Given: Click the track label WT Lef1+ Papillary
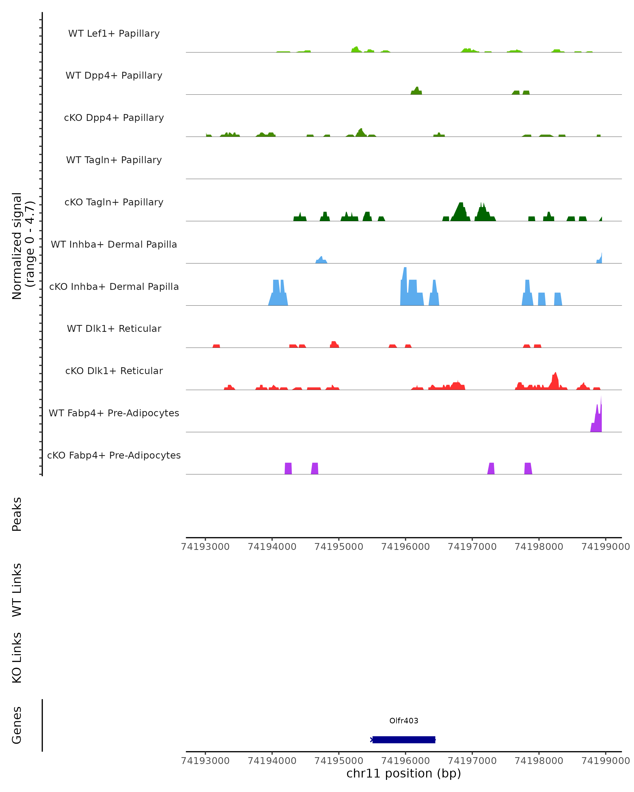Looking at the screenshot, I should click(114, 34).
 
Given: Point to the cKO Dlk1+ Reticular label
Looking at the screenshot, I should click(114, 371).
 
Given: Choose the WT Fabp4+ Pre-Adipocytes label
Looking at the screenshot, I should click(114, 413).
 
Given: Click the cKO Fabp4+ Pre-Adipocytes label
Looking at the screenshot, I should click(114, 455).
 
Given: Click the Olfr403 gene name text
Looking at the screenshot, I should click(404, 720).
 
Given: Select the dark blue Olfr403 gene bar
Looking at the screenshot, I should click(404, 739).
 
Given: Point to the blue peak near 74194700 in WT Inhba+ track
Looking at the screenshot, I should click(321, 260).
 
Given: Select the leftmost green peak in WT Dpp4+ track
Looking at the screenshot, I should click(416, 91).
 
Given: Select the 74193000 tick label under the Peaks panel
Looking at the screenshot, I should click(206, 547).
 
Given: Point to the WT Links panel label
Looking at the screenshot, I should click(17, 590).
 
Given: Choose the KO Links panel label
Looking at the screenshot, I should click(17, 658).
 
